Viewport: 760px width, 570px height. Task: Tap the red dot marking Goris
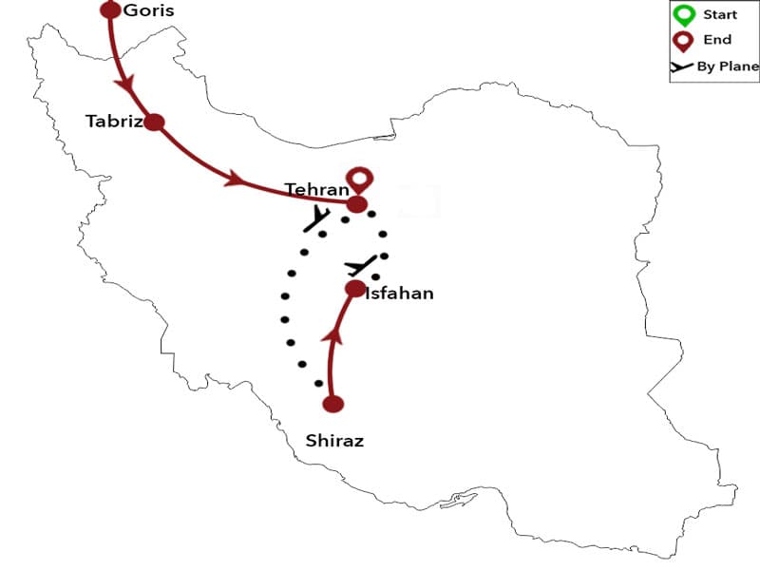pos(110,10)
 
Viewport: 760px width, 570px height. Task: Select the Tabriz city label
pos(113,122)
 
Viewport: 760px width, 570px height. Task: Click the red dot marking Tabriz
pos(154,122)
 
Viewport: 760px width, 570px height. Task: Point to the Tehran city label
pos(317,189)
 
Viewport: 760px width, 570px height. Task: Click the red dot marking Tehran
pos(356,204)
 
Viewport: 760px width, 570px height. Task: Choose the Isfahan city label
pos(399,293)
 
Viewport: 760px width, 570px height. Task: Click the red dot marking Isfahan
pos(355,289)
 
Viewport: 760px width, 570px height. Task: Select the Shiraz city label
pos(334,441)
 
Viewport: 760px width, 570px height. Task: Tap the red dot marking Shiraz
pos(332,404)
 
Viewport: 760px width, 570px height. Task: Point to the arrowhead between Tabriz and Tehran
pos(235,178)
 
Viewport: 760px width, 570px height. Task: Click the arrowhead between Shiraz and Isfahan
pos(332,334)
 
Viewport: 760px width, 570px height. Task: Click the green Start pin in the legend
pos(684,15)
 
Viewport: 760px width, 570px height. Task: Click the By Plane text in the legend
pos(728,66)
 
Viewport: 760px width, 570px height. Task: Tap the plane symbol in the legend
pos(682,66)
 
